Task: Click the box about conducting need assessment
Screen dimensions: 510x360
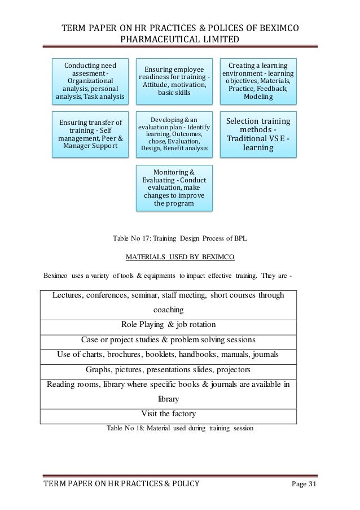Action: (90, 81)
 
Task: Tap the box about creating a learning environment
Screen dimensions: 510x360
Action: (258, 81)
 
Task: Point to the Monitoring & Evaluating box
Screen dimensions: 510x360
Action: (174, 188)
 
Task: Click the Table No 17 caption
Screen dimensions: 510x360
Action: (180, 239)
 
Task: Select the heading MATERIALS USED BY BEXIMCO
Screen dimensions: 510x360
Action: (179, 258)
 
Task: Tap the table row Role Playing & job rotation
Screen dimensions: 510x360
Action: (168, 325)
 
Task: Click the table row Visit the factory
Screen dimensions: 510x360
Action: (168, 413)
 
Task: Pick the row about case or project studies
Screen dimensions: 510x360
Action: (168, 340)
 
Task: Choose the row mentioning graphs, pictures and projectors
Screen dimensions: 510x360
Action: (168, 370)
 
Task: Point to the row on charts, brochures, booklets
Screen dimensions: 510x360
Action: (168, 355)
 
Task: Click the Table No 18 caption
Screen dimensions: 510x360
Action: (180, 428)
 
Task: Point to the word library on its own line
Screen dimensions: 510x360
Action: (168, 398)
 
